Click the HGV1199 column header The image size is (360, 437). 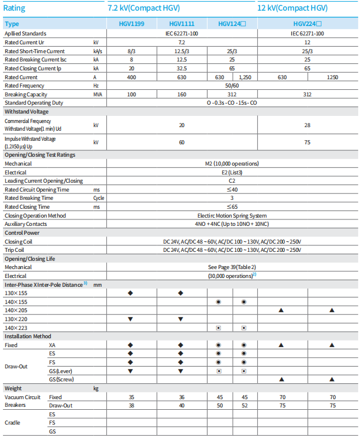click(x=131, y=24)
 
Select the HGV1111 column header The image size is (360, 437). click(x=181, y=24)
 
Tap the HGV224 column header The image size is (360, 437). click(x=307, y=24)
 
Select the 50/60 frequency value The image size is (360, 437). click(x=232, y=86)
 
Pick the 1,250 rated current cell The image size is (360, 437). click(x=245, y=77)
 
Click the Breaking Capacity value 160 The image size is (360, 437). click(x=181, y=95)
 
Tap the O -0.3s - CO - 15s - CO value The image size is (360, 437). click(x=232, y=103)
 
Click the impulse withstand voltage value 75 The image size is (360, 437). click(x=307, y=142)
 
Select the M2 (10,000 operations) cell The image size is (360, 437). click(x=232, y=163)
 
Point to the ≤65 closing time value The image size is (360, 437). click(x=232, y=207)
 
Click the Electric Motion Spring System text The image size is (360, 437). click(x=232, y=216)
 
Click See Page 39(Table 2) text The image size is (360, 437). click(x=232, y=267)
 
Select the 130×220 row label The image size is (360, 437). click(x=17, y=319)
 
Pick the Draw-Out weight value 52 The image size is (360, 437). click(x=245, y=406)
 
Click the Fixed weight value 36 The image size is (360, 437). click(x=181, y=397)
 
